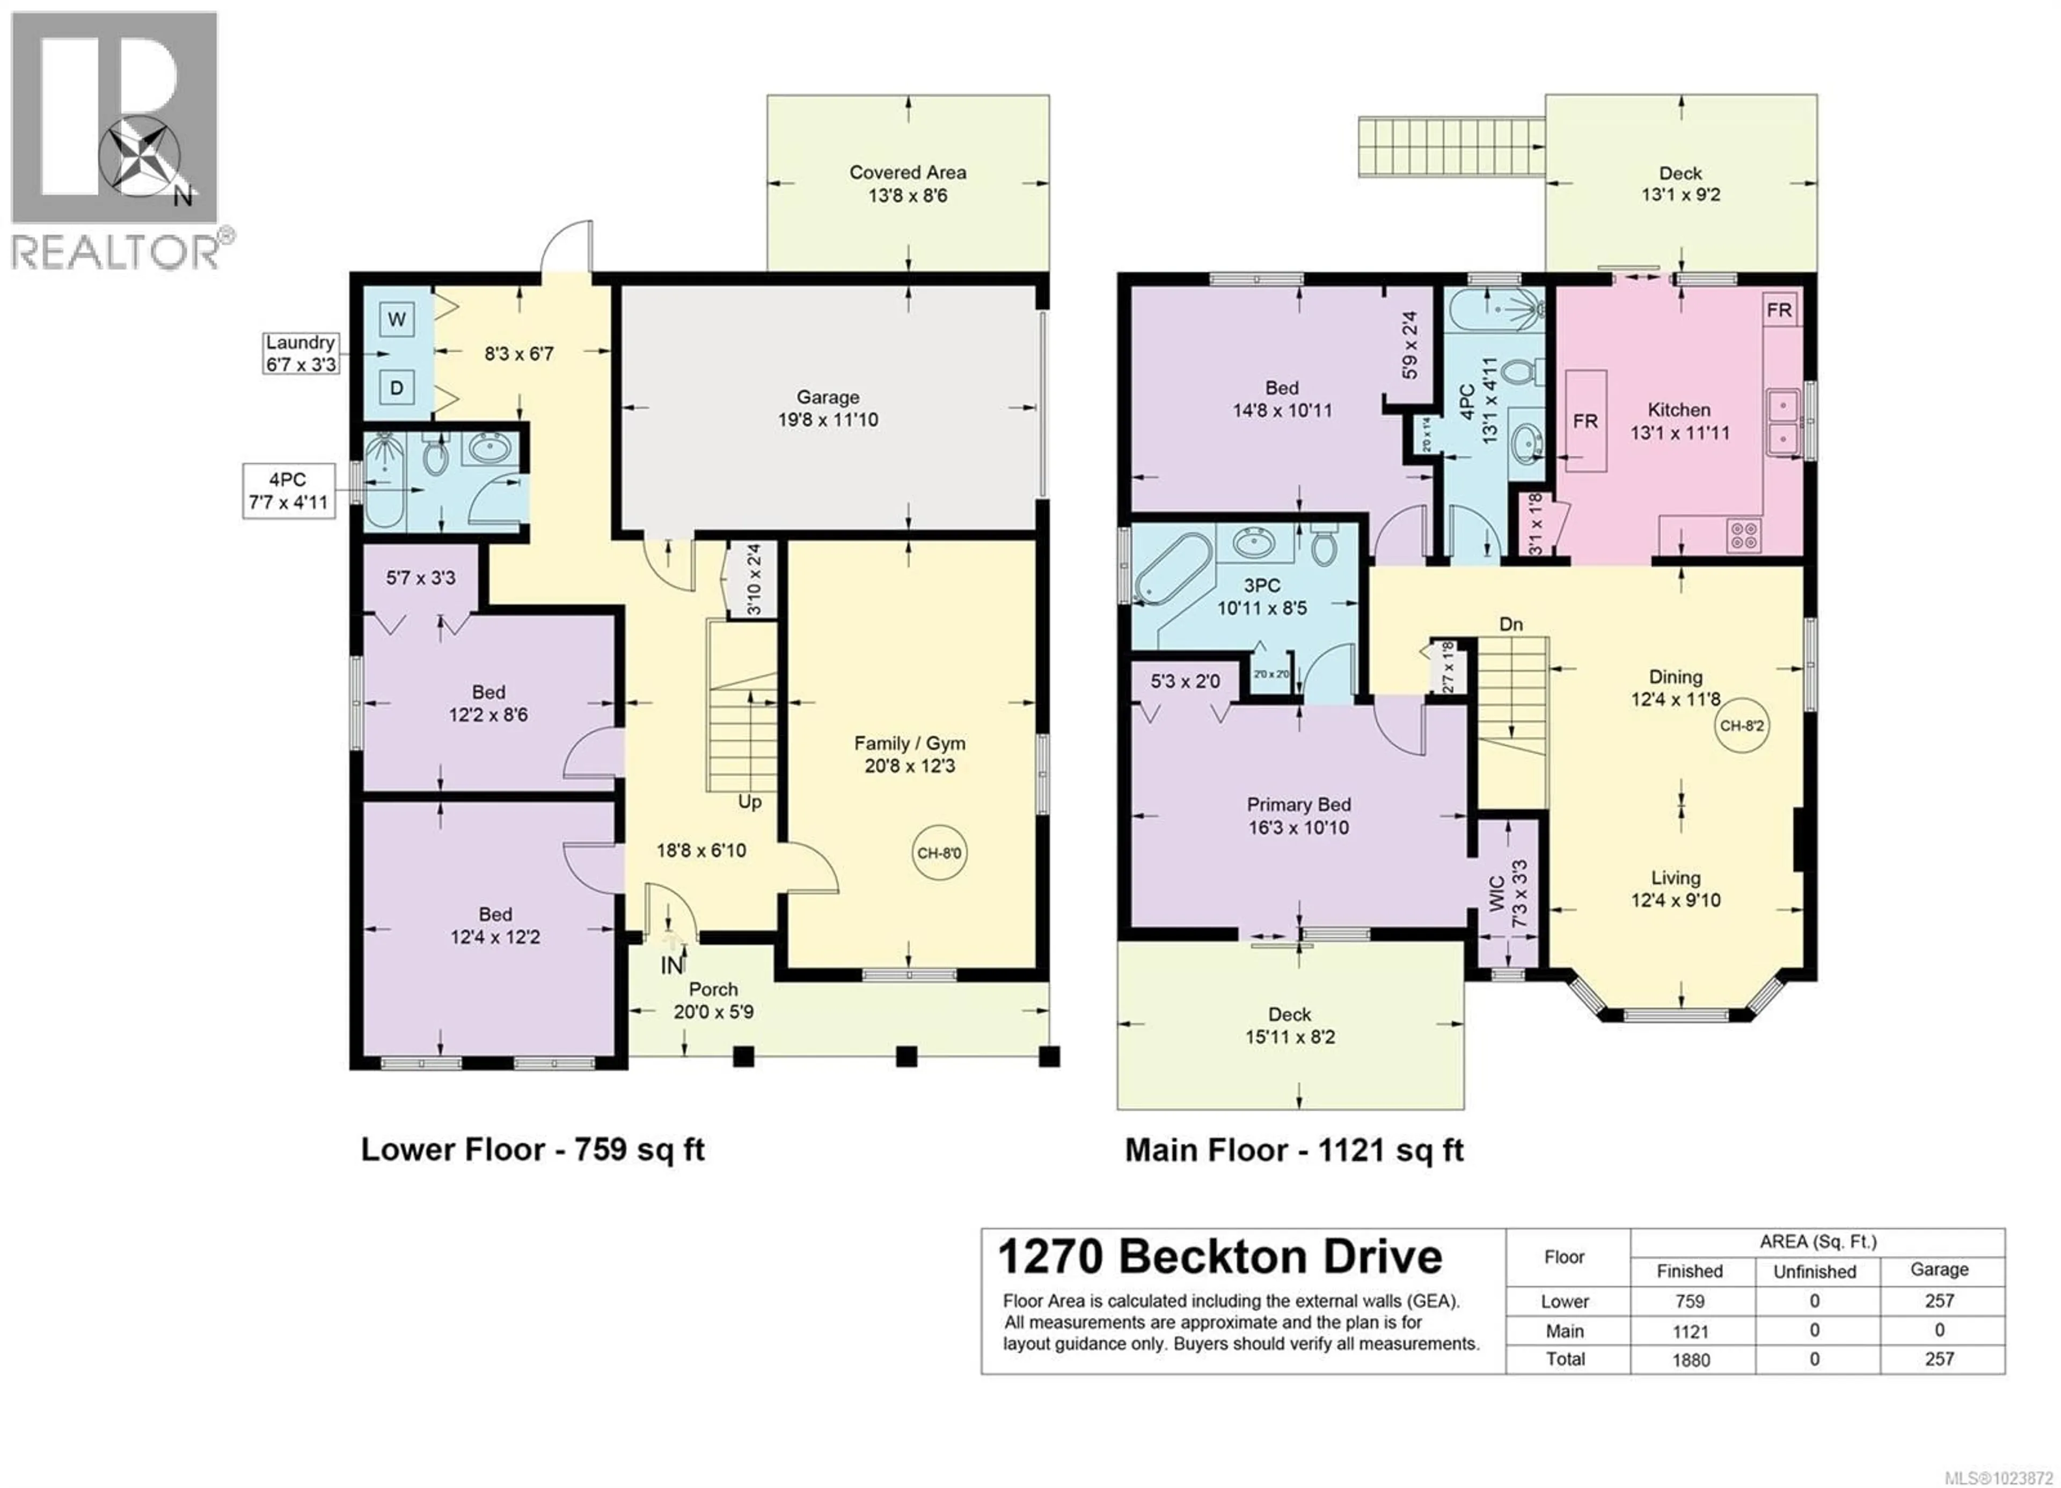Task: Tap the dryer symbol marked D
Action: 396,388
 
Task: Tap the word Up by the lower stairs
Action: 750,802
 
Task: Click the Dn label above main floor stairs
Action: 1510,624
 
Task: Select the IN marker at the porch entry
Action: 671,965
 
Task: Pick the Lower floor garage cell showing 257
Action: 1939,1301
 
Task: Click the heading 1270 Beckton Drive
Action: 1219,1257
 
